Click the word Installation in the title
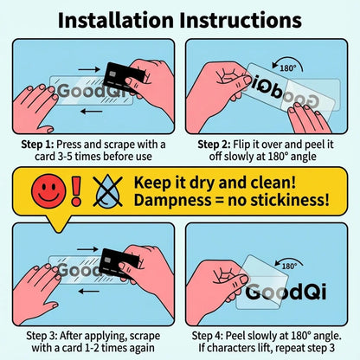click(115, 20)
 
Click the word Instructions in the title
click(241, 20)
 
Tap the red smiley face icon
click(48, 191)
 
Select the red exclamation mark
click(76, 191)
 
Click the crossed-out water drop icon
click(108, 191)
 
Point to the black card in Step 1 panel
click(124, 76)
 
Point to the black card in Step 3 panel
click(119, 262)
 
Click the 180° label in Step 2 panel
click(288, 68)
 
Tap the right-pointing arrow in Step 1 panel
click(89, 69)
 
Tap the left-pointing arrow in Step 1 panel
click(92, 111)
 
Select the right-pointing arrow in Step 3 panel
click(87, 249)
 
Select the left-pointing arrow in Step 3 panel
click(89, 292)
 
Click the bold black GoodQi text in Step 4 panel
click(286, 292)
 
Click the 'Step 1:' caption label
click(37, 145)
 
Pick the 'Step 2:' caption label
click(214, 145)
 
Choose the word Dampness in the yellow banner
click(172, 201)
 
